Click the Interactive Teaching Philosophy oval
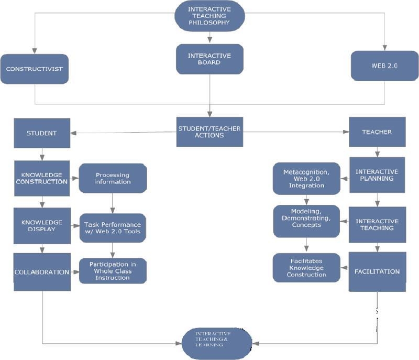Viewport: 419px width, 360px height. coord(209,16)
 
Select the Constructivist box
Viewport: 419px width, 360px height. coord(35,69)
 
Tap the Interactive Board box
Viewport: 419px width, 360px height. coord(209,58)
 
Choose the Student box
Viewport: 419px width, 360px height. coord(42,133)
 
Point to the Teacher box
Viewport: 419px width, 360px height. coord(377,133)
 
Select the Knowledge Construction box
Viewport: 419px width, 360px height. coord(42,178)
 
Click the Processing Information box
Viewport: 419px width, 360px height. coord(113,178)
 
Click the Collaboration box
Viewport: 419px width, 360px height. coord(42,271)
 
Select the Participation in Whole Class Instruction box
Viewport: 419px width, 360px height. coord(113,270)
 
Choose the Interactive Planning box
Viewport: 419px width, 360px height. coord(377,175)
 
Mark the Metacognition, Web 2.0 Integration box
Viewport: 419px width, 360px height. coord(307,179)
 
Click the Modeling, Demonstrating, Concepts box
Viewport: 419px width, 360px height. coord(307,221)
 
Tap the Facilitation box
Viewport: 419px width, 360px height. coord(377,271)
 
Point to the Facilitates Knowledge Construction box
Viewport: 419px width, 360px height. coord(307,267)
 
